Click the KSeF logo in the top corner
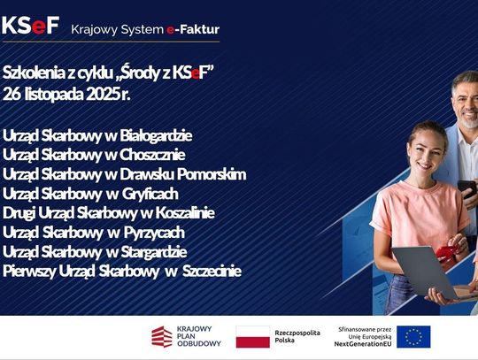coord(30,26)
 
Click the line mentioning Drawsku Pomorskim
coord(124,174)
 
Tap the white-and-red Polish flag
coord(252,337)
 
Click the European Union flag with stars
coord(413,337)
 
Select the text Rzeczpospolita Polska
coord(296,337)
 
